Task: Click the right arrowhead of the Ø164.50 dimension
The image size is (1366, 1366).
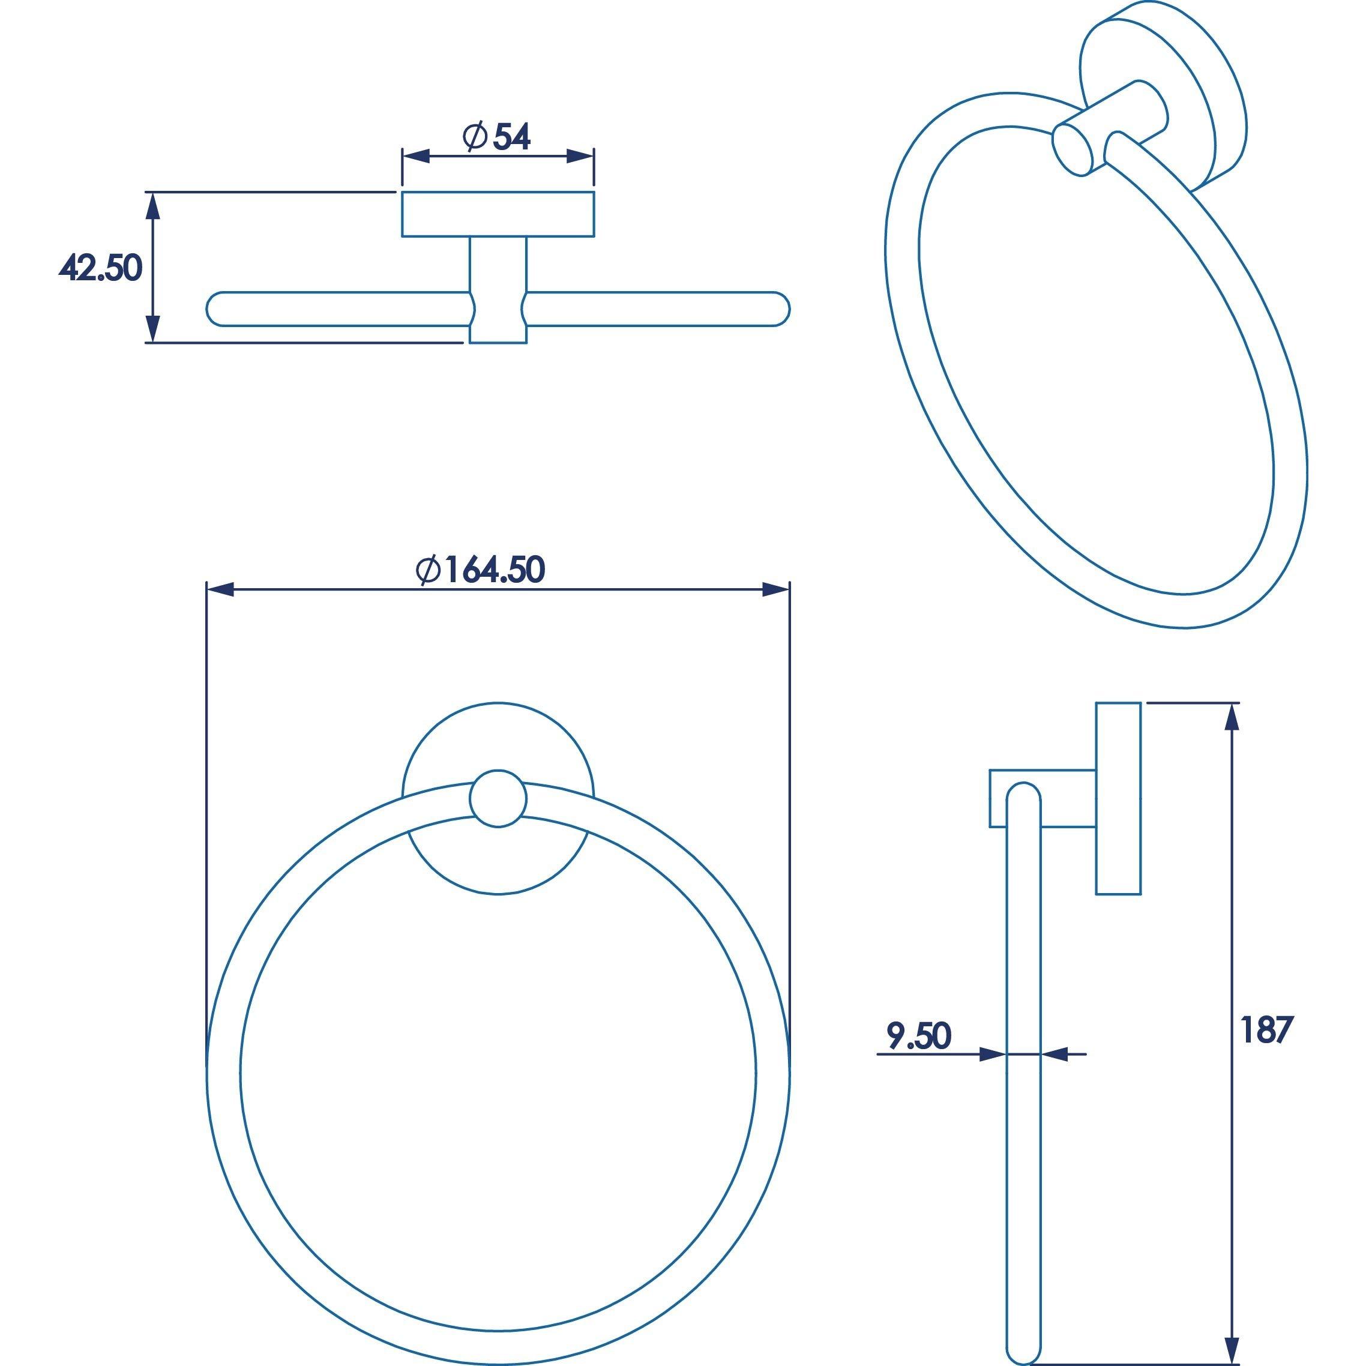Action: coord(775,589)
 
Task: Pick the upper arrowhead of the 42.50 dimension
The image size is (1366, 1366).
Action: coord(151,206)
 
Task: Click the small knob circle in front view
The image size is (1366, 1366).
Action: coord(498,798)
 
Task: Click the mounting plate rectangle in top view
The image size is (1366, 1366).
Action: coord(498,214)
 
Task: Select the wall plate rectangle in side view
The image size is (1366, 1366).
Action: coord(1118,798)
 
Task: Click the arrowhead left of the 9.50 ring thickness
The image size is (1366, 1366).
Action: coord(993,1074)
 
